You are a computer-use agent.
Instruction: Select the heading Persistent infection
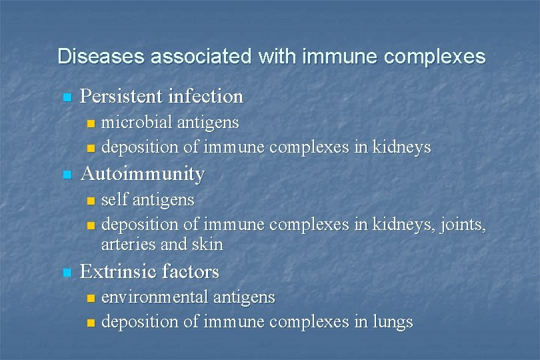click(x=161, y=97)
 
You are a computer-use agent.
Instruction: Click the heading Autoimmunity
click(x=142, y=174)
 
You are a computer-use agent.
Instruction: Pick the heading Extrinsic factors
click(x=149, y=272)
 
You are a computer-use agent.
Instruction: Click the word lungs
click(x=393, y=323)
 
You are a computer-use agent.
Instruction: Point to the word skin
click(x=208, y=245)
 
